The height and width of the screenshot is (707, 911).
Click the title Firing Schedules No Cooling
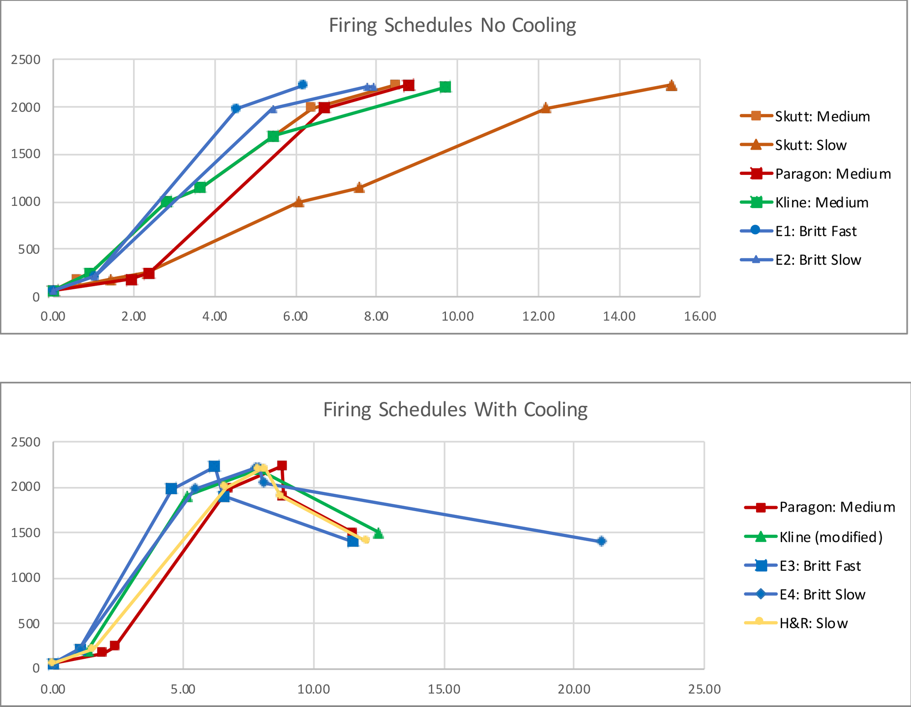(x=452, y=25)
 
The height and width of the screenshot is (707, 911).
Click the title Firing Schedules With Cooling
(x=455, y=410)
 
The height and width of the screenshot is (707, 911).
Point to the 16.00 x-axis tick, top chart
(x=700, y=316)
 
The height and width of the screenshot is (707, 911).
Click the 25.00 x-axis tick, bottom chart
(x=704, y=689)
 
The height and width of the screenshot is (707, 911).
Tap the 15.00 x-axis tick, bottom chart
(x=444, y=689)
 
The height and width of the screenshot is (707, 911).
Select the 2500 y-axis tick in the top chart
(x=26, y=60)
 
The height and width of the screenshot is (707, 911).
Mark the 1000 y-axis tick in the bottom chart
(x=26, y=578)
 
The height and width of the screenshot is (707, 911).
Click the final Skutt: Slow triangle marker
(x=671, y=85)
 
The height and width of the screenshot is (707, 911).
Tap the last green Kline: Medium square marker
(x=445, y=87)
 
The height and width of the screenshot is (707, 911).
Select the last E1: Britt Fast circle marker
(x=302, y=84)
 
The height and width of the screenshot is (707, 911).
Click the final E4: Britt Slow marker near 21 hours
(x=601, y=541)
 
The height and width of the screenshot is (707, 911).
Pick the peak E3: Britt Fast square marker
(x=214, y=466)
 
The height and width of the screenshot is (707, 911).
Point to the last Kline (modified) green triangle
(x=378, y=533)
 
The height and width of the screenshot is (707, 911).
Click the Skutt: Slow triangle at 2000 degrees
(x=545, y=108)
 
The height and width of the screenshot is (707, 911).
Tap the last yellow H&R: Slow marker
(x=365, y=539)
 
